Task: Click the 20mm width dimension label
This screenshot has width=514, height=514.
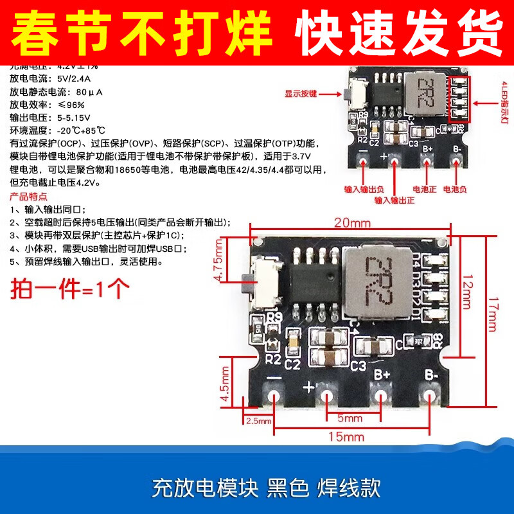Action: (352, 223)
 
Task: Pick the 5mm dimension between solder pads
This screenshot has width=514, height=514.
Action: (350, 418)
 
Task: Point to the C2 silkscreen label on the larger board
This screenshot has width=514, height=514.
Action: (293, 365)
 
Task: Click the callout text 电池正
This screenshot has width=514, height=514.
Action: (423, 190)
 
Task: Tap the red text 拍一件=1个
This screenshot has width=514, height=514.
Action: (71, 287)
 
